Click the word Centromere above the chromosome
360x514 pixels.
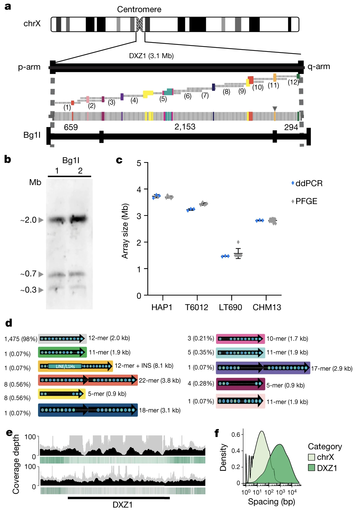click(x=139, y=9)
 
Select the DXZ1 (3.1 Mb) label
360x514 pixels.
click(x=151, y=56)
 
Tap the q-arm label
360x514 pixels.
click(x=319, y=67)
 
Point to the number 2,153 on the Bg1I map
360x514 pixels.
click(x=185, y=127)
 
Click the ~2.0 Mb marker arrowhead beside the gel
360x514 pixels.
click(x=41, y=220)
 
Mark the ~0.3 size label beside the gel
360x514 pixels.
click(x=28, y=290)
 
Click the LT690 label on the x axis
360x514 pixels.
click(x=230, y=307)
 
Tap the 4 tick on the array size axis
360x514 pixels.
click(x=139, y=189)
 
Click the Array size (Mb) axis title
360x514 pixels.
click(x=125, y=231)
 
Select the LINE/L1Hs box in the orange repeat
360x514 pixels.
click(x=65, y=366)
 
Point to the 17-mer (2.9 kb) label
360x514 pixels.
click(x=332, y=369)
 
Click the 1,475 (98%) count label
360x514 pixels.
click(x=21, y=339)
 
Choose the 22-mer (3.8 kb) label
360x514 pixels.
click(x=160, y=380)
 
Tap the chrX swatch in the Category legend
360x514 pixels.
click(x=311, y=457)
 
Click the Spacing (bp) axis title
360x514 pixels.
click(x=272, y=502)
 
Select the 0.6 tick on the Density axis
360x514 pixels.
click(x=235, y=434)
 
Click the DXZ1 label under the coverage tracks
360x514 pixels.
click(x=123, y=505)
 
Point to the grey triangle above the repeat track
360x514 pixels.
click(x=275, y=109)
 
